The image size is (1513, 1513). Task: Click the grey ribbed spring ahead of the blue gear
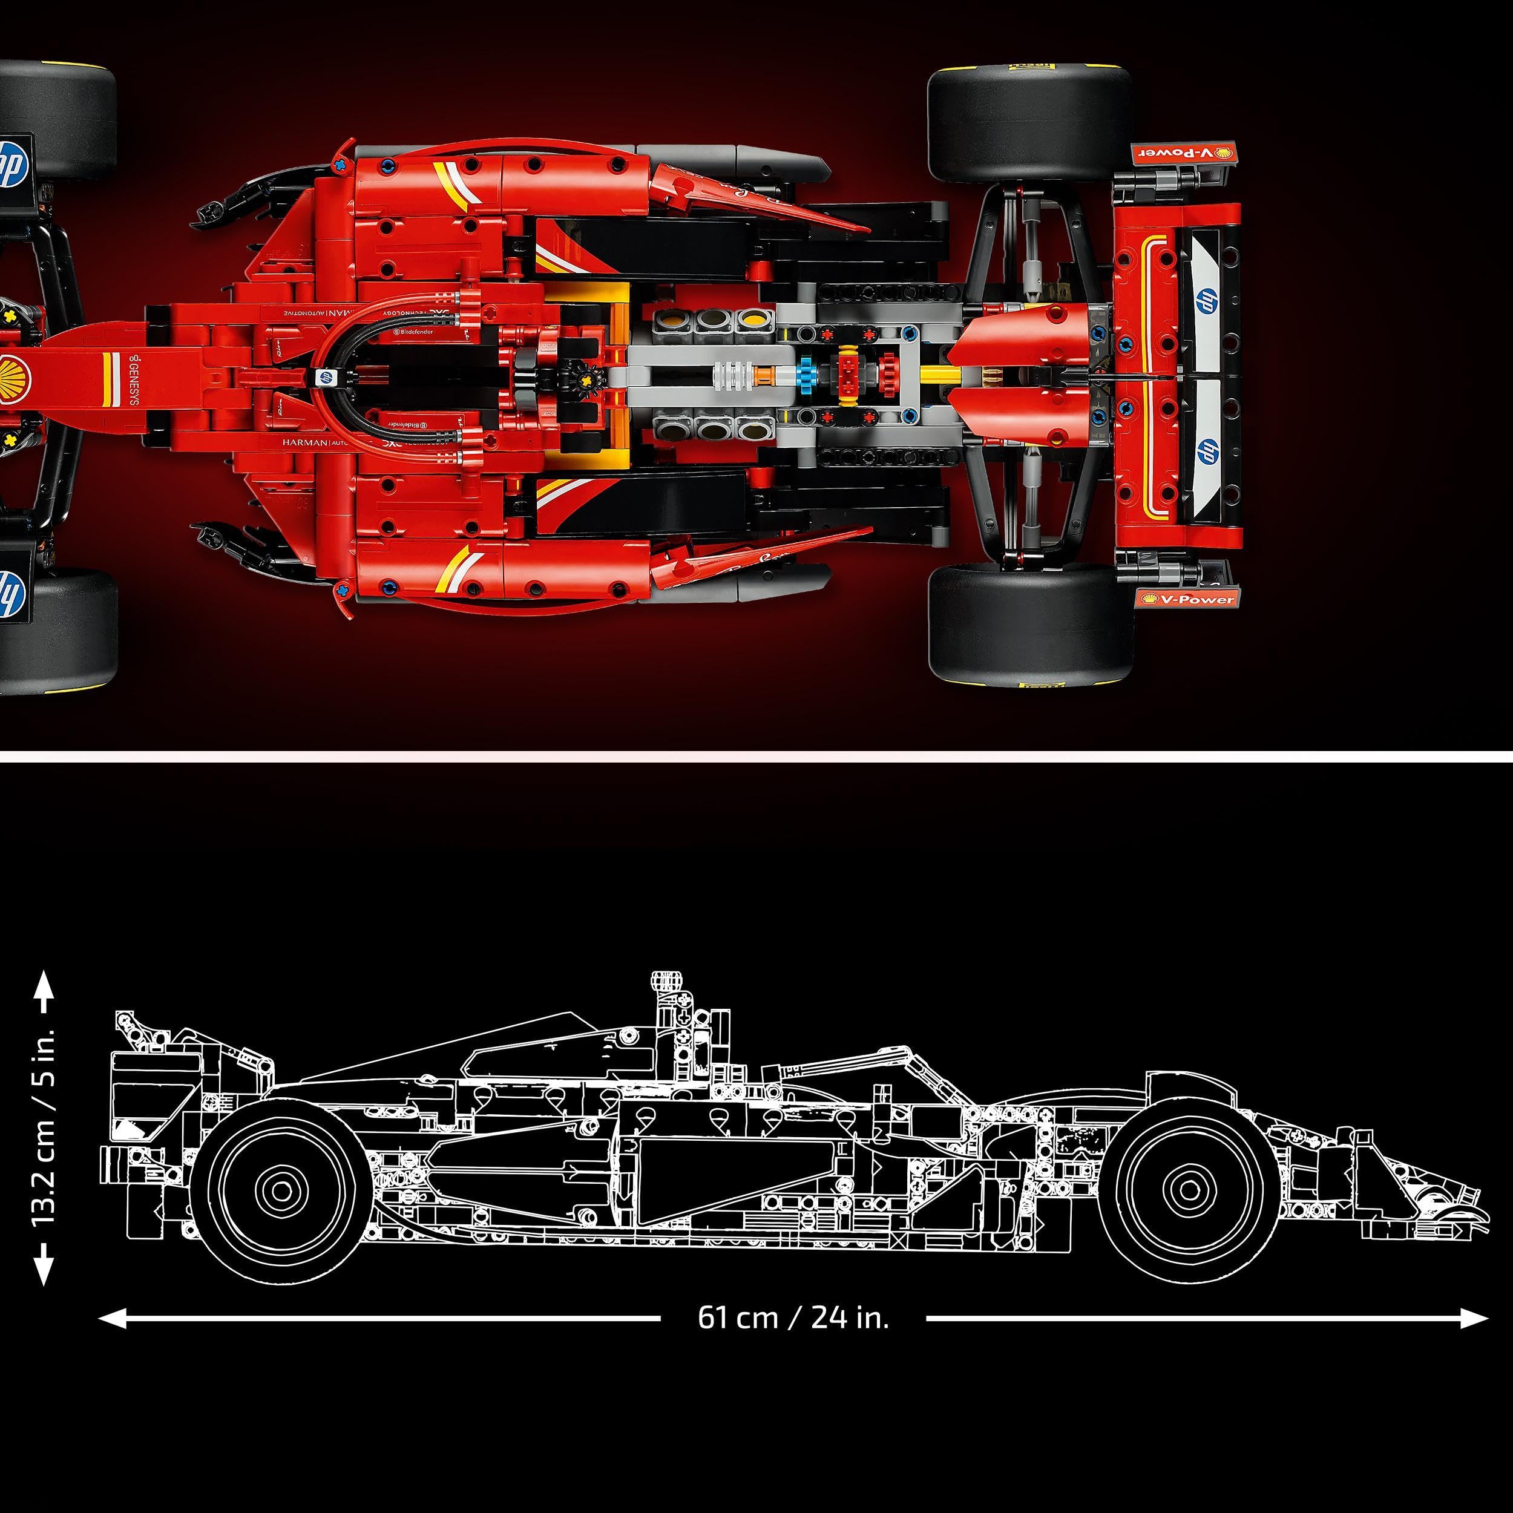click(736, 376)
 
